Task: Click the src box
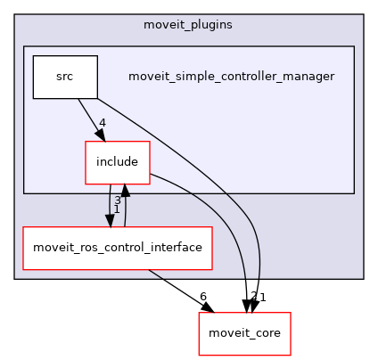click(65, 77)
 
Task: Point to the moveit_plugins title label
click(188, 23)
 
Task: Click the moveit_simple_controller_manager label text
click(231, 77)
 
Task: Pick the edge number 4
click(103, 123)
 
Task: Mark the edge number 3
click(117, 200)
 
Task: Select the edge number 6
click(203, 297)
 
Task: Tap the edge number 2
click(253, 297)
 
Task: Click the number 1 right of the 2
click(263, 297)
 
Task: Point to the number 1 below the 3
click(117, 209)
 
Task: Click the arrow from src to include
click(89, 118)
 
